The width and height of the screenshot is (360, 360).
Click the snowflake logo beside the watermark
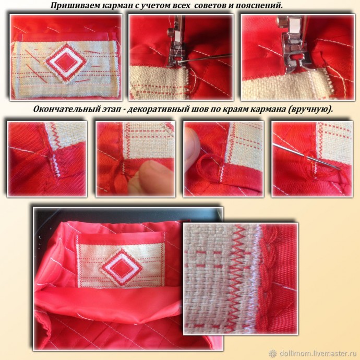click(x=273, y=353)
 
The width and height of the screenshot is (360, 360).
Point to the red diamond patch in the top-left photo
click(x=66, y=63)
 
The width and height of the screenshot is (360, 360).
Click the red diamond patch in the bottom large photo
click(x=121, y=268)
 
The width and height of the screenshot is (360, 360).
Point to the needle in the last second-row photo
click(x=307, y=157)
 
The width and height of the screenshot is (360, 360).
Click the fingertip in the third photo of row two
click(x=193, y=145)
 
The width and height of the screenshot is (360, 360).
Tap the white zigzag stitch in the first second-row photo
click(x=56, y=165)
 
